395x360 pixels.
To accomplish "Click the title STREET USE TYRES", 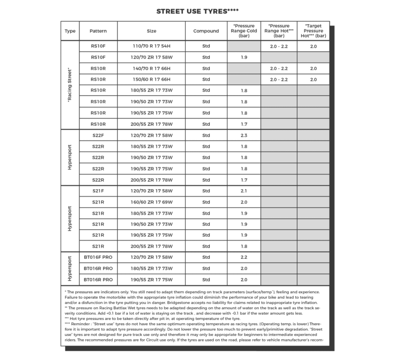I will point(197,11).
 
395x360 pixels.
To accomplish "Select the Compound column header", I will point(206,31).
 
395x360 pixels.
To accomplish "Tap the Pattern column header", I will point(98,31).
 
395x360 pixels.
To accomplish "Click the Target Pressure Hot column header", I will point(313,31).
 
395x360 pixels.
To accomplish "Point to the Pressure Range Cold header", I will point(244,31).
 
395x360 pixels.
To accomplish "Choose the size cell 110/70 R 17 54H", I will point(151,46).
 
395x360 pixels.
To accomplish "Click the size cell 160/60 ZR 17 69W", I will point(151,202).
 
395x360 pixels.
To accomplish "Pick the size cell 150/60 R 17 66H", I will point(151,79).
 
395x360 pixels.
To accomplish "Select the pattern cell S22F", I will point(98,135).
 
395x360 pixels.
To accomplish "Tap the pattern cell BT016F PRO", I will point(98,257).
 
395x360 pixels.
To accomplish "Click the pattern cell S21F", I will point(98,191).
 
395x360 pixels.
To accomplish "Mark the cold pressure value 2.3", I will point(244,135).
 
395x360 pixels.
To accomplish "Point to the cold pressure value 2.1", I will point(244,191).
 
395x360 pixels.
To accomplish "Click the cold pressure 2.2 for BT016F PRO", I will point(244,257).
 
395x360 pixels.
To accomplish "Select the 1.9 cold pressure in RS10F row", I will point(244,57).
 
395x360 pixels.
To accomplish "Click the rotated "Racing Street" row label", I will point(70,85).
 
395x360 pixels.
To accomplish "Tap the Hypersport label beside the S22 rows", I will point(70,157).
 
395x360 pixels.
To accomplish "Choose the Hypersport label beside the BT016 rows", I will point(70,268).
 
